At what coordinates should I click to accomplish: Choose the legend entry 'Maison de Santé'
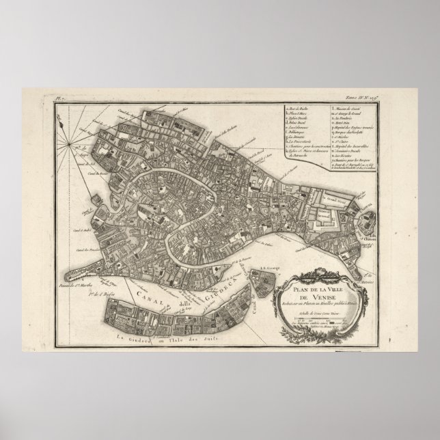pos(350,106)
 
